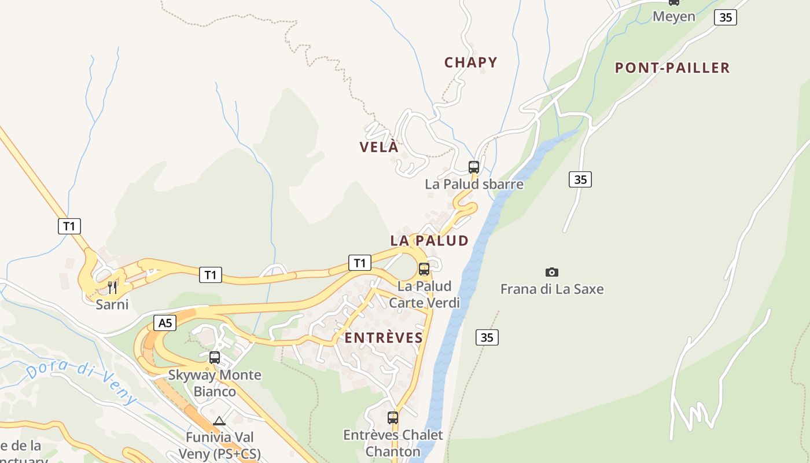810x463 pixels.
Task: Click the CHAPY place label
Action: click(x=470, y=63)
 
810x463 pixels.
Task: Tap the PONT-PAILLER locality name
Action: click(x=672, y=68)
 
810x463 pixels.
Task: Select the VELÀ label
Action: click(x=379, y=147)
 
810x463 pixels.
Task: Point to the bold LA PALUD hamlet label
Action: click(x=429, y=241)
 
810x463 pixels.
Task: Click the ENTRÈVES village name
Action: click(x=384, y=338)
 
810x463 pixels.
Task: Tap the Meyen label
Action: click(x=673, y=16)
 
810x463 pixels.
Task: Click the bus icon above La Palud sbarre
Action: click(x=474, y=167)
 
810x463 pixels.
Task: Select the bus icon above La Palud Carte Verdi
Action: click(x=424, y=269)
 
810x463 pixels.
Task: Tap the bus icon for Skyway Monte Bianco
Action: click(x=215, y=358)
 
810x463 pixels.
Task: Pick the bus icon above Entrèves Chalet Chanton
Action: click(x=393, y=417)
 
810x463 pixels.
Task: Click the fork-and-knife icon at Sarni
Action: click(x=112, y=288)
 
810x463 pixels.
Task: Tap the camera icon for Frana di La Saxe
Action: click(x=552, y=272)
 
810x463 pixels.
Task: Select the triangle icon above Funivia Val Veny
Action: click(x=219, y=421)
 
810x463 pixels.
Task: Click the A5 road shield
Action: click(x=165, y=323)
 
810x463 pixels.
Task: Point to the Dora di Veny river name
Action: click(x=82, y=382)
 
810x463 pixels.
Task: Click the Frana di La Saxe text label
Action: click(x=552, y=289)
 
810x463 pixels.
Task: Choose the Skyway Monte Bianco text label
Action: click(x=215, y=383)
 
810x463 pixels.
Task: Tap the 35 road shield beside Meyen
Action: click(x=725, y=17)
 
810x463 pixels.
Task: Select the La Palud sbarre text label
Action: click(x=474, y=185)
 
